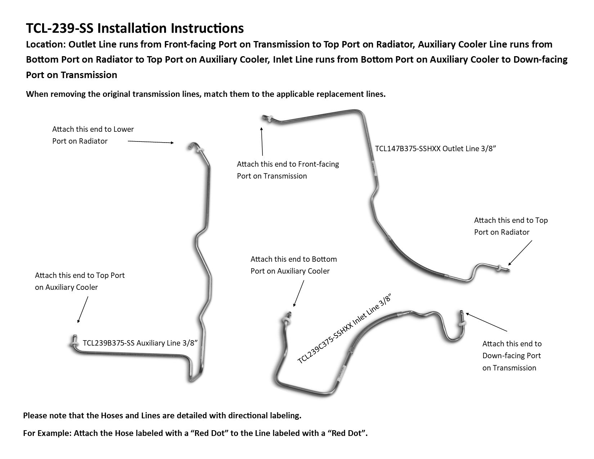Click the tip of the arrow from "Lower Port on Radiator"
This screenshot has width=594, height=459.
click(174, 143)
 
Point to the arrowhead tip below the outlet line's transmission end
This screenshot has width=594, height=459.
click(261, 128)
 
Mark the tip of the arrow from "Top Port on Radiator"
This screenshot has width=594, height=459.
click(508, 265)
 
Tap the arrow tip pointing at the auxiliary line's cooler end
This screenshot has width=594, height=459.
click(78, 323)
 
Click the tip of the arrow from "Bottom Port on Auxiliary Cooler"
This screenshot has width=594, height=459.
click(294, 306)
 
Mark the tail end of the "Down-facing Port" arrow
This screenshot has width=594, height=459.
click(507, 331)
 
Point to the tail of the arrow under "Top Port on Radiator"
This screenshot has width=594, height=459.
click(532, 240)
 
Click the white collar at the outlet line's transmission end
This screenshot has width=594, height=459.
click(269, 119)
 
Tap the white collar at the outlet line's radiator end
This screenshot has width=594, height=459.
click(499, 268)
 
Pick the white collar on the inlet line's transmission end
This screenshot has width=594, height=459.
click(462, 324)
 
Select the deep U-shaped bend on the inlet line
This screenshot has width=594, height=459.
click(453, 332)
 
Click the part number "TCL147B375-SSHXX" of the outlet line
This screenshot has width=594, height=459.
click(408, 149)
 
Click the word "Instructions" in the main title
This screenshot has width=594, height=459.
click(207, 28)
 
